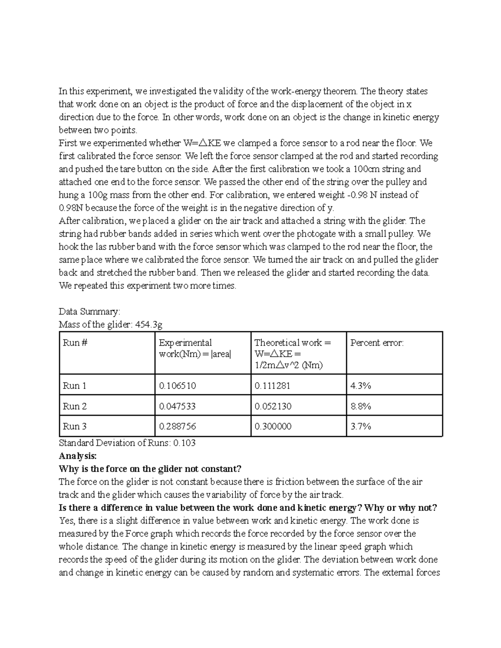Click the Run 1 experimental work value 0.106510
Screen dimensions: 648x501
click(x=177, y=386)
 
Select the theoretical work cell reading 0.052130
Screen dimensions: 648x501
click(x=273, y=406)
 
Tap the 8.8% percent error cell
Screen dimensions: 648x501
click(x=361, y=406)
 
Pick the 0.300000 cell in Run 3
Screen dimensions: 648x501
click(x=273, y=426)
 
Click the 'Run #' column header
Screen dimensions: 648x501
click(x=75, y=343)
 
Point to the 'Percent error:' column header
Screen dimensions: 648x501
click(x=377, y=343)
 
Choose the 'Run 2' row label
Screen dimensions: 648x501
click(x=75, y=406)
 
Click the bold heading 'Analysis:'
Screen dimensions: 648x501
click(x=78, y=456)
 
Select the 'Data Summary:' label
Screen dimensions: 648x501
click(x=89, y=312)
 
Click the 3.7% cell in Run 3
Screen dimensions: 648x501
click(x=361, y=426)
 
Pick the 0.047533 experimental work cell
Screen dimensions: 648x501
click(x=177, y=406)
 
